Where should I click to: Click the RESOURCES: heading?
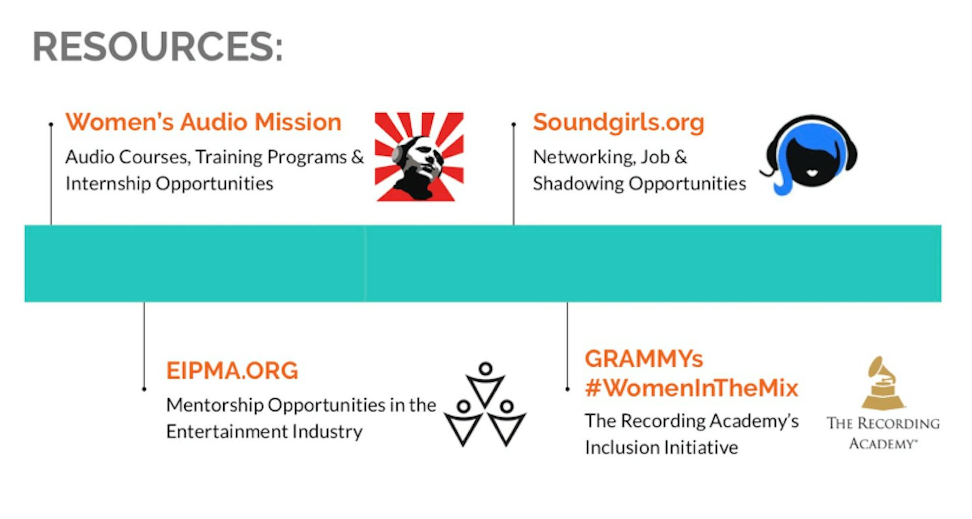157,47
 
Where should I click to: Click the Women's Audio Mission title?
204,122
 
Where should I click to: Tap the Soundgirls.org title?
619,123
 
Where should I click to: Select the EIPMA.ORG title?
232,371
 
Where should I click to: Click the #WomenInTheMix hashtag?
692,388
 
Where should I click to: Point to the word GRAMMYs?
644,359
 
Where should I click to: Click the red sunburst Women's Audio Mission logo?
419,157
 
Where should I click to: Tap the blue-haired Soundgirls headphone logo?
808,155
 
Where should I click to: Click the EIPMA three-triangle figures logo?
485,404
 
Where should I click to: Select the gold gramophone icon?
883,383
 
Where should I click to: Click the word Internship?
108,184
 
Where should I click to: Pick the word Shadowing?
578,184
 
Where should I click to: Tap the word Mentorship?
215,405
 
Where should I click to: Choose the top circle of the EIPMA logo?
485,368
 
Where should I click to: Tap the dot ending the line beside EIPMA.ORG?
144,389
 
